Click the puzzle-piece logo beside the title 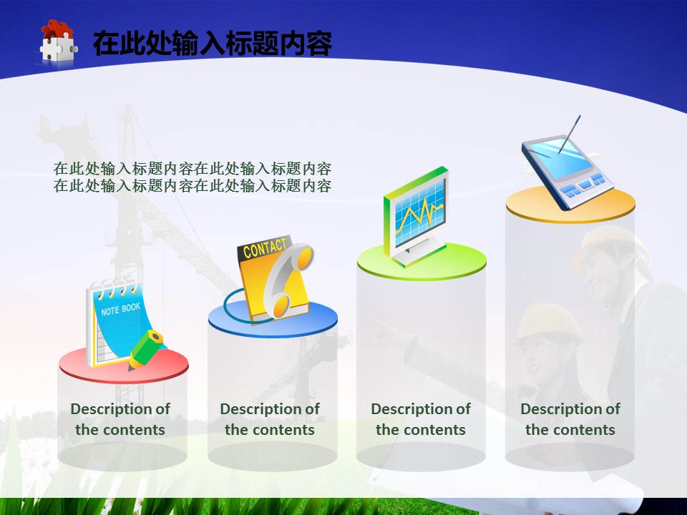point(58,42)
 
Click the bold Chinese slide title point(213,43)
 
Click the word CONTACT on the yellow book point(264,248)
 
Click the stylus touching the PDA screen point(570,134)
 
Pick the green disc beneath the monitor point(422,262)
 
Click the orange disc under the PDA point(570,205)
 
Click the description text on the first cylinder point(120,419)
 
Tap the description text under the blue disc point(270,419)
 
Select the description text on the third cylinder point(421,419)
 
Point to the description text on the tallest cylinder point(570,419)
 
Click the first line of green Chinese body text point(193,169)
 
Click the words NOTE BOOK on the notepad point(121,309)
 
